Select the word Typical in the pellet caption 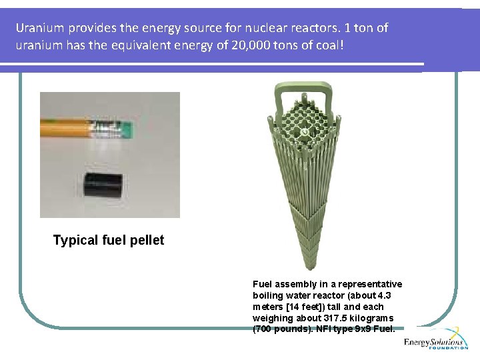pyautogui.click(x=75, y=241)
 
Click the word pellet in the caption pyautogui.click(x=147, y=241)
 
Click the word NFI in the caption pyautogui.click(x=325, y=329)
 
